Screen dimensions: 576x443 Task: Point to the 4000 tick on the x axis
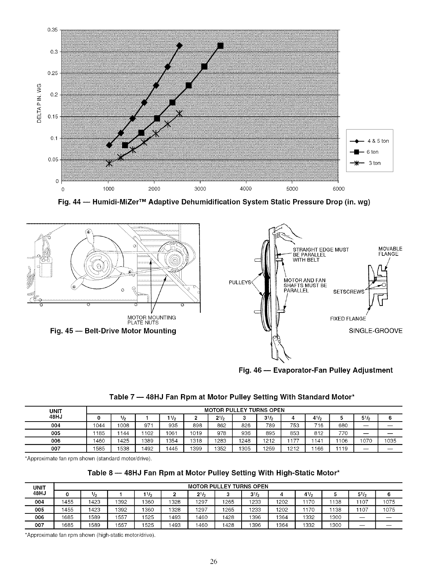[246, 189]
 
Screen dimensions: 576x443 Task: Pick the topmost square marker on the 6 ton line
[220, 45]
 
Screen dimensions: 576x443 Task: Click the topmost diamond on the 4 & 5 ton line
[179, 45]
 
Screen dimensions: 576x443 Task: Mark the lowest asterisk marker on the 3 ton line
[109, 163]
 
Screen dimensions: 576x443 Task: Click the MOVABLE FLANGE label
[390, 251]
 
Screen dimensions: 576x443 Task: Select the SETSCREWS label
[349, 292]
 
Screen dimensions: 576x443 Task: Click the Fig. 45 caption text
[113, 331]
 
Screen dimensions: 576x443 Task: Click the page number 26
[213, 562]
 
